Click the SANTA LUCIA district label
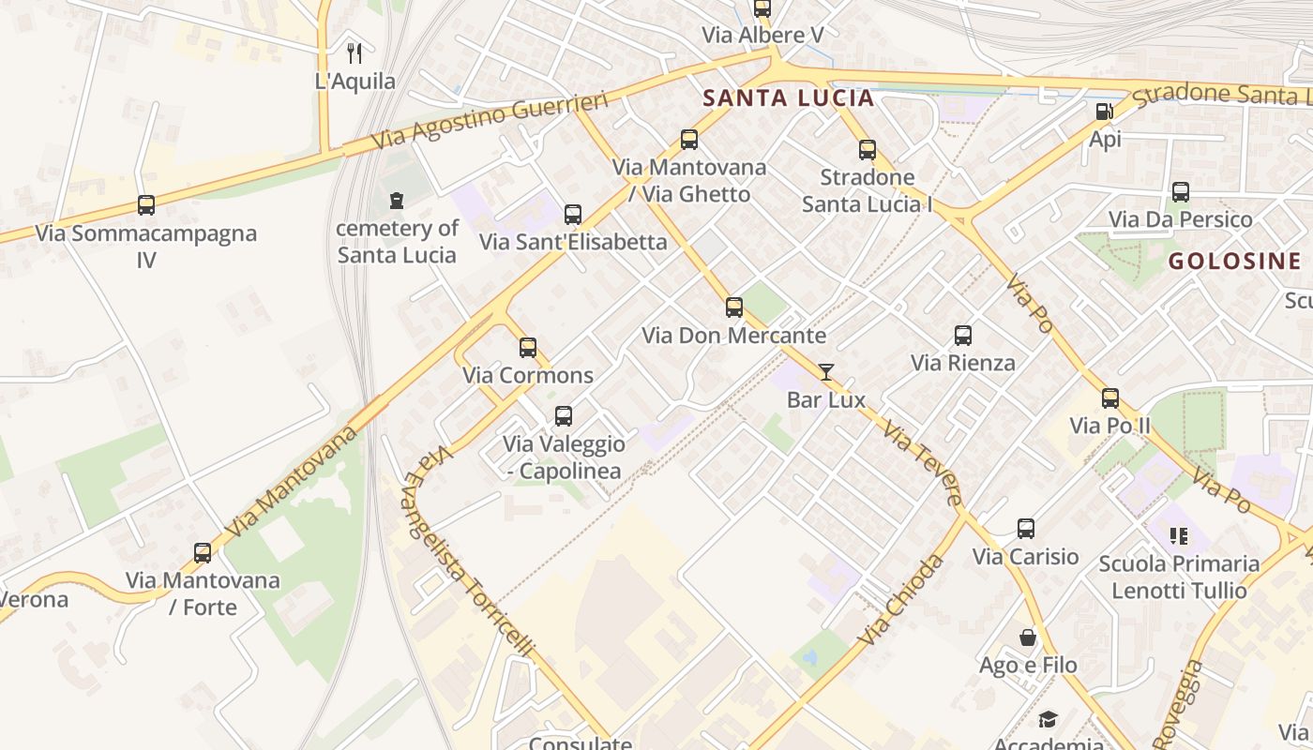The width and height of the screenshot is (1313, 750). point(788,98)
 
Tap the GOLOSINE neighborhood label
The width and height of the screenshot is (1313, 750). point(1234,262)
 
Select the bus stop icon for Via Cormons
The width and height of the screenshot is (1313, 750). point(528,348)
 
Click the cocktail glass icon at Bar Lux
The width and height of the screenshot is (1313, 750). point(825,372)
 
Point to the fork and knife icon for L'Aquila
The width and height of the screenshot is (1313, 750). point(355,53)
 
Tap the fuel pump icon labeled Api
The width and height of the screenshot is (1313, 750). point(1105,112)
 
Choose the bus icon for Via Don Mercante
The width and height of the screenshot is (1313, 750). point(734,307)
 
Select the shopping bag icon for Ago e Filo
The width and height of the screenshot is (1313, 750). point(1028,637)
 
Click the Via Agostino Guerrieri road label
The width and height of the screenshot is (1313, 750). point(490,122)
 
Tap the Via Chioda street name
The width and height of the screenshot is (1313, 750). point(899,600)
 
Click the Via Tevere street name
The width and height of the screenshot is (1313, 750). point(923,464)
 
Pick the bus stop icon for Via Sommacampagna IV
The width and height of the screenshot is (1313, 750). point(146,205)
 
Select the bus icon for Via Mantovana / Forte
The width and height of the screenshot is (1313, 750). point(203,553)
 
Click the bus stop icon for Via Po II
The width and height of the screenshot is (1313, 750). point(1110,398)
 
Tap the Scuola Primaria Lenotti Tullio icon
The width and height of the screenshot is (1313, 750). point(1179,536)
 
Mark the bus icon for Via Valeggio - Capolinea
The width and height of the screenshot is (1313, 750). point(564,415)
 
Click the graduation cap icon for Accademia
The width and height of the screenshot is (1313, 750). point(1048,719)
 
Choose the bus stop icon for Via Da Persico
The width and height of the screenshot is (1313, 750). point(1181,192)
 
